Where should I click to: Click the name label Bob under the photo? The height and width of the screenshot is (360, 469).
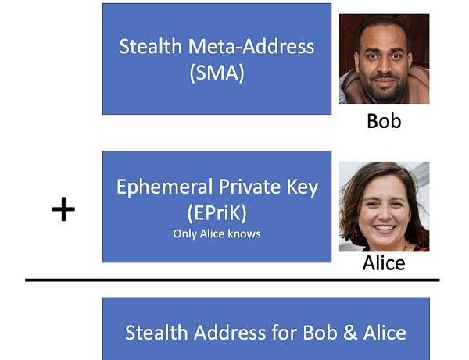(384, 121)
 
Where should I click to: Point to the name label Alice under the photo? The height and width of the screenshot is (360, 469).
(384, 263)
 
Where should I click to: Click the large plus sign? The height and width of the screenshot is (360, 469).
(63, 209)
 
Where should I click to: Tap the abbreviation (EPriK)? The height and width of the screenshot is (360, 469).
(217, 212)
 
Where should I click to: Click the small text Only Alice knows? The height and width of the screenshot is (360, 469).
(217, 233)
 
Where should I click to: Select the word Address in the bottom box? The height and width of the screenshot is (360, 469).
(224, 333)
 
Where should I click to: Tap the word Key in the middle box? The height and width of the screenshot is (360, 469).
(301, 187)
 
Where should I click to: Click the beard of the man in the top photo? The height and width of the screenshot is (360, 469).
(383, 88)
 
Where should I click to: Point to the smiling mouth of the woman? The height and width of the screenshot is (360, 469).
(383, 230)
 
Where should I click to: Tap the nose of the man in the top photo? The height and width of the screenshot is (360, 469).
(383, 69)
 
